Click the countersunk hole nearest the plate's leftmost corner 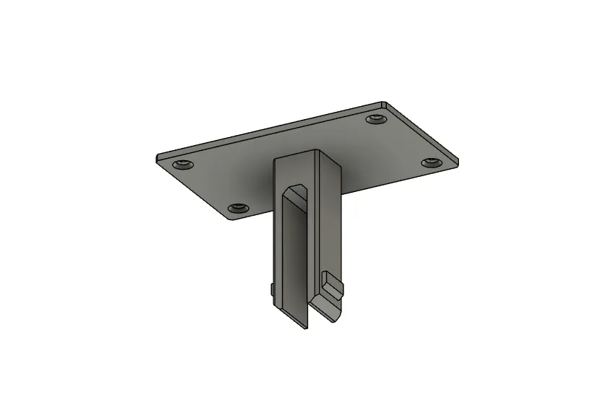pos(183,165)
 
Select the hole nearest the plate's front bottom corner pos(240,208)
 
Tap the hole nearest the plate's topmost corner pos(375,118)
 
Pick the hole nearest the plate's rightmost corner pos(432,161)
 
